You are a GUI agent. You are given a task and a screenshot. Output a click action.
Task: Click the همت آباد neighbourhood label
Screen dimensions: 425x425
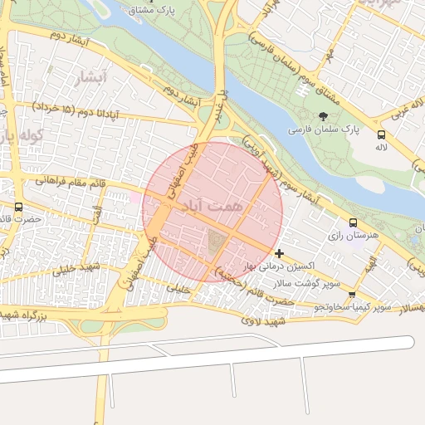[x=213, y=204]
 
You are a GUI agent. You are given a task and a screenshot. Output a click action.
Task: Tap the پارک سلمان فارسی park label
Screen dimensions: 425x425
[x=323, y=130]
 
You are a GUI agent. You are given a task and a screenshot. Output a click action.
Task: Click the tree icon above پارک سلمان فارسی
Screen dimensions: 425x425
[x=324, y=116]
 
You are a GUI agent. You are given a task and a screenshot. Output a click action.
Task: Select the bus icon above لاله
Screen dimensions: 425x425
[x=381, y=134]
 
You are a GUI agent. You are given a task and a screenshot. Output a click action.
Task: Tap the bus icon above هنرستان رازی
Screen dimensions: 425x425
[x=354, y=222]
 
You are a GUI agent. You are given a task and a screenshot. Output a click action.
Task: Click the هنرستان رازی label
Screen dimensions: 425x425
[x=352, y=237]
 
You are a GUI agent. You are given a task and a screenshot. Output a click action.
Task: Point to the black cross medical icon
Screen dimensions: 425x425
[x=279, y=253]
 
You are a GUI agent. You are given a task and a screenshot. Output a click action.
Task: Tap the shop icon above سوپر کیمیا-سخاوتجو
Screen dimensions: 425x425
[x=353, y=295]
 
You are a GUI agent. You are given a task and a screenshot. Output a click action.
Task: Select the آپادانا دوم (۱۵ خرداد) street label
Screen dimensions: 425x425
[x=76, y=110]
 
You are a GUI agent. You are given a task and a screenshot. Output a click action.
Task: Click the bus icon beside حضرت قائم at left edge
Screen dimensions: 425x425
[x=19, y=207]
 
